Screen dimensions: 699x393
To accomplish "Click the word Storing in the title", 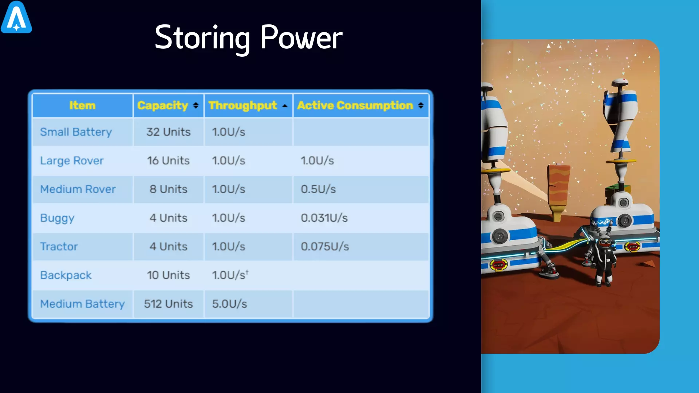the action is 202,38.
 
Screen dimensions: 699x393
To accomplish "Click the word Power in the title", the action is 301,37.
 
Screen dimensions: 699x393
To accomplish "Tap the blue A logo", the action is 16,17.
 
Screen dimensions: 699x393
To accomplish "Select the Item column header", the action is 82,106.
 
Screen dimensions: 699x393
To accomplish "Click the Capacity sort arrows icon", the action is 196,105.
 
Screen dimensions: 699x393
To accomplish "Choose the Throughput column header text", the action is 243,106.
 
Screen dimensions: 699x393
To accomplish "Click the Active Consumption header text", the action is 355,106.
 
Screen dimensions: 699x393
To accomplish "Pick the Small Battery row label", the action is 76,132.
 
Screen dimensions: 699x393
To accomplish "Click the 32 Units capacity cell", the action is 169,132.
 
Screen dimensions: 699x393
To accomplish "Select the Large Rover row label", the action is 72,161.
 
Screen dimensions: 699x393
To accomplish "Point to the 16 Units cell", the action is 169,160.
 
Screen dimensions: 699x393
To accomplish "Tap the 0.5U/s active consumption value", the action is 318,189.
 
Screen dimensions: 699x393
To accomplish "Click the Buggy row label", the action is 57,218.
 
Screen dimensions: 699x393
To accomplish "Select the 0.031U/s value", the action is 324,218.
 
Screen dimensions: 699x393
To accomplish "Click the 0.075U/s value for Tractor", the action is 325,247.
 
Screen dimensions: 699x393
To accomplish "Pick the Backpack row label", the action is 66,275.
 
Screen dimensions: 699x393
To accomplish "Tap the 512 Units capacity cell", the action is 168,304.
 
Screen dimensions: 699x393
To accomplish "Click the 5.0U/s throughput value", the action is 229,304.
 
